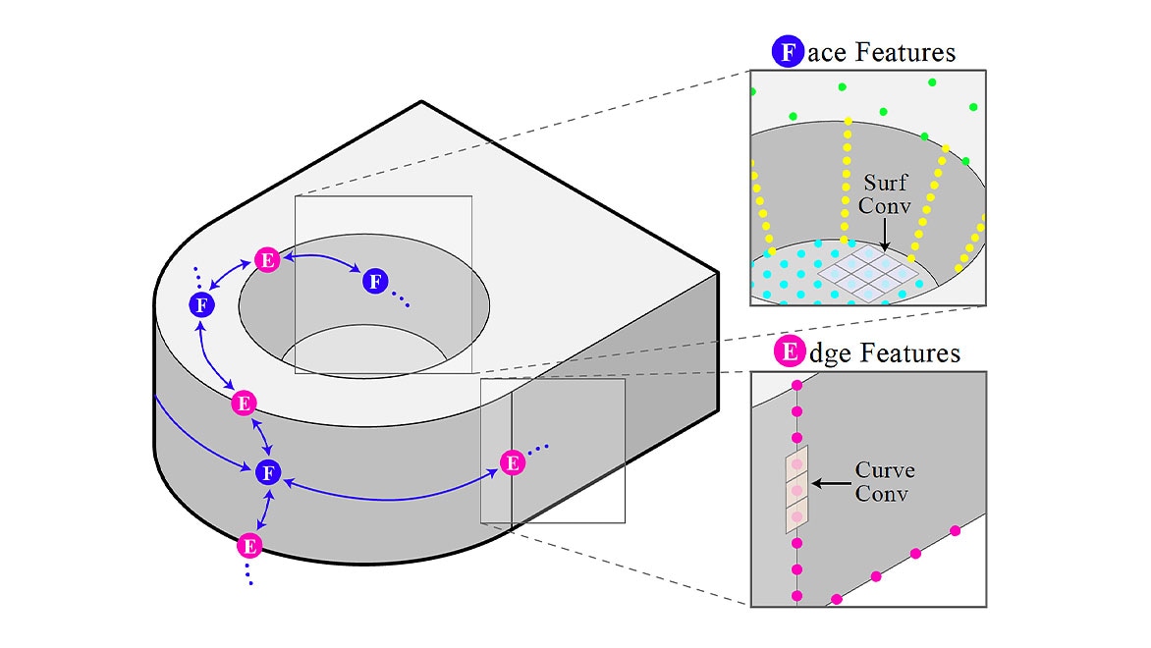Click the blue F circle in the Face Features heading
788,52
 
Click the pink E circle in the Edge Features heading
788,352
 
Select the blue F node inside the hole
374,282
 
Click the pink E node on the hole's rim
267,259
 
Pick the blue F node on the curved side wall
265,473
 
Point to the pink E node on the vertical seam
511,461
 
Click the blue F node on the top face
200,304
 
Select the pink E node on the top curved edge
244,403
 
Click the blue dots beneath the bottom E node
249,574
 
